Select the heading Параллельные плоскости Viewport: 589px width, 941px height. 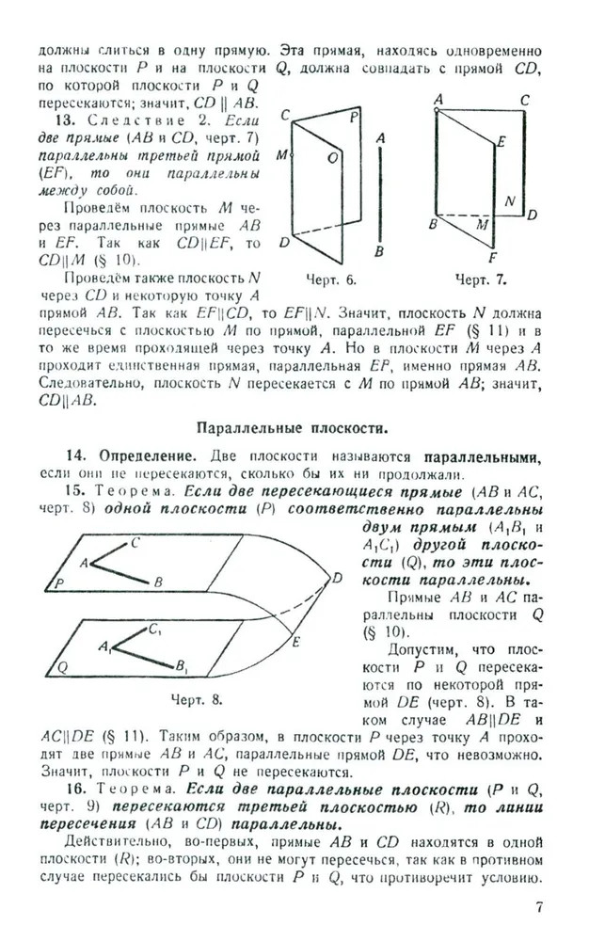pos(292,428)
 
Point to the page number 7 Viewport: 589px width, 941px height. pos(539,906)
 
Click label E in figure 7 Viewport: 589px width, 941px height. pos(502,141)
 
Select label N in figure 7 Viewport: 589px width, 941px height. pos(509,201)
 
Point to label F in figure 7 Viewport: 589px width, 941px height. pos(493,256)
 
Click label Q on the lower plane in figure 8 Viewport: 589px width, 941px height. pos(63,667)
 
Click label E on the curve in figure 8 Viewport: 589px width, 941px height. pos(294,642)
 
